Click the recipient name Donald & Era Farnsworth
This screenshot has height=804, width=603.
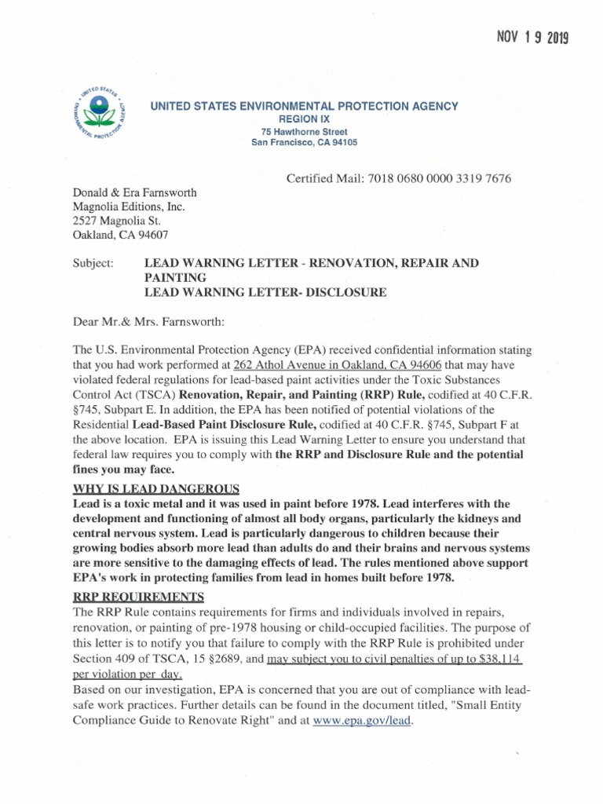click(x=134, y=192)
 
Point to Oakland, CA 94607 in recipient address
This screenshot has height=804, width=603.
click(x=120, y=235)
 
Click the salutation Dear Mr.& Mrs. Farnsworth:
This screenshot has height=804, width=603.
click(x=148, y=320)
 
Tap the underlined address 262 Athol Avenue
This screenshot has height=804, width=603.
click(x=268, y=364)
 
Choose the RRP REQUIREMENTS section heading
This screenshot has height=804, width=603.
click(x=138, y=597)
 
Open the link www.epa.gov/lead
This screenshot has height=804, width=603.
click(x=361, y=720)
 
